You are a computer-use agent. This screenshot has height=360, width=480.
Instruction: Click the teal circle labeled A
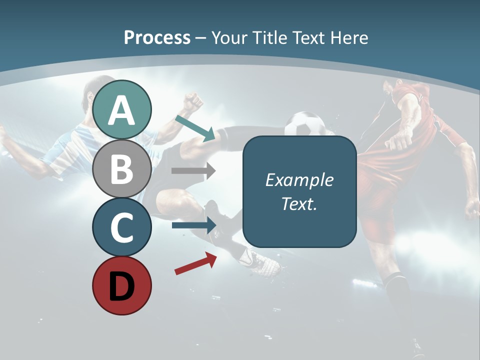click(x=122, y=109)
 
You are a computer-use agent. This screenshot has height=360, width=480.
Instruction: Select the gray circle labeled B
click(x=122, y=168)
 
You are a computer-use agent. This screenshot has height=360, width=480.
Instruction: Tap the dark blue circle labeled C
click(x=122, y=227)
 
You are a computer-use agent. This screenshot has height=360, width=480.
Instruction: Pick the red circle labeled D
click(x=122, y=286)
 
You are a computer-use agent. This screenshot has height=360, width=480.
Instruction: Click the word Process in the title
click(x=157, y=37)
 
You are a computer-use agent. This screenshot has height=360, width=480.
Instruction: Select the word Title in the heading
click(x=270, y=37)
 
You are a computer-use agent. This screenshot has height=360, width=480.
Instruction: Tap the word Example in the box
click(x=299, y=180)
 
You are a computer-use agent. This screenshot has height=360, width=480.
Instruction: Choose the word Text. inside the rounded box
click(x=299, y=203)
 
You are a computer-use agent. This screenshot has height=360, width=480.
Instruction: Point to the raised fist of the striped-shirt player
click(x=192, y=102)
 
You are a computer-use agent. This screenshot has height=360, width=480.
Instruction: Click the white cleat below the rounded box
click(x=260, y=262)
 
